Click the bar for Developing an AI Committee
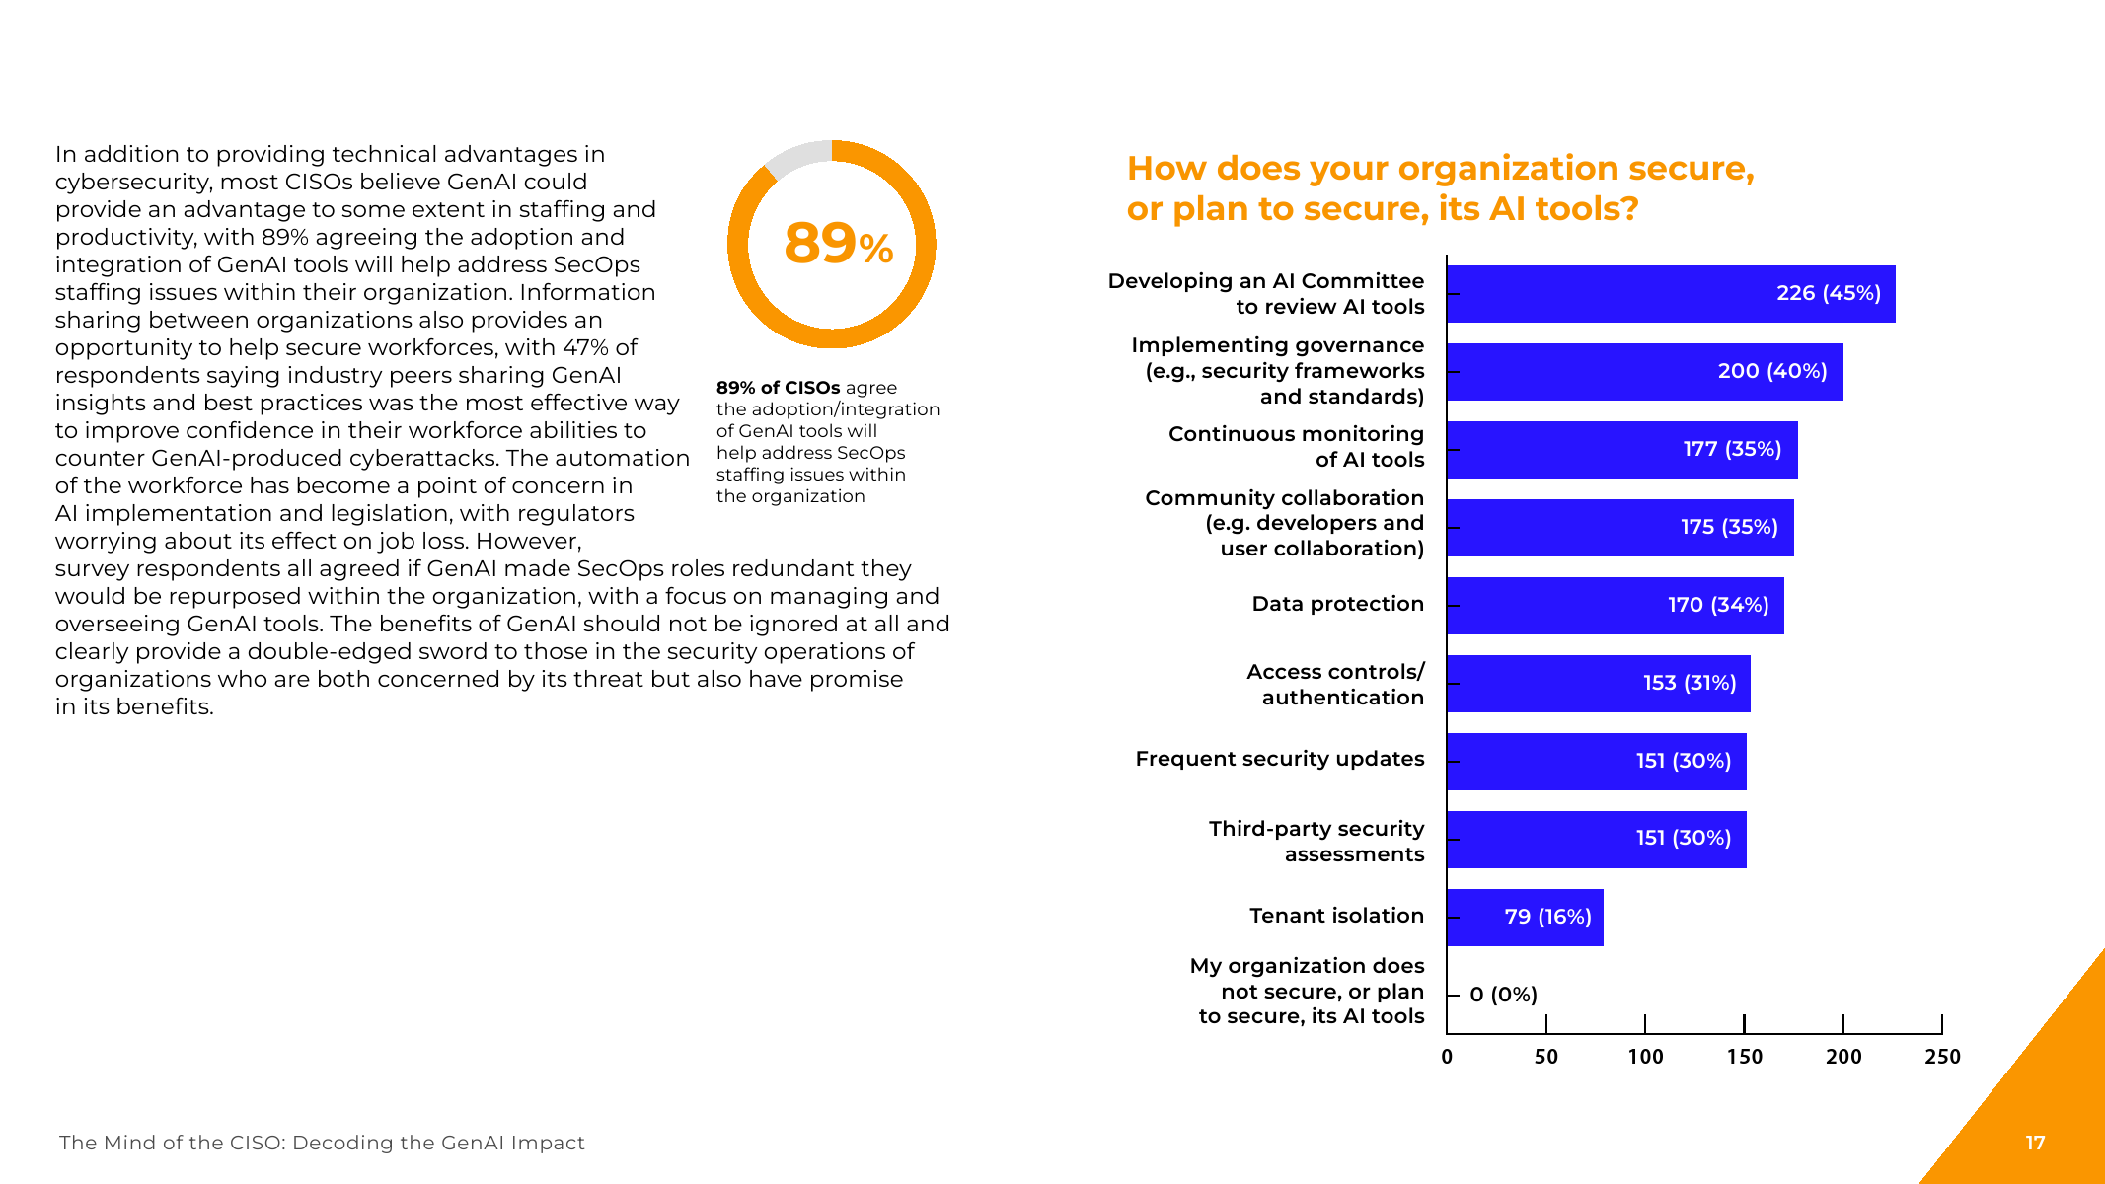[x=1670, y=294]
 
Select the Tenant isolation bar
[x=1525, y=918]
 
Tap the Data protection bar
[x=1615, y=606]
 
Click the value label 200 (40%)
[x=1771, y=371]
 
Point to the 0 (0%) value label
[x=1503, y=995]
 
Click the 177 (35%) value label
[x=1732, y=449]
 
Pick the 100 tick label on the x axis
[x=1645, y=1057]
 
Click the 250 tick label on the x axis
[x=1942, y=1057]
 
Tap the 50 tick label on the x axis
[x=1545, y=1057]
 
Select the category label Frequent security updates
[x=1279, y=759]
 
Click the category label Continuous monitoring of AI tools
[x=1296, y=447]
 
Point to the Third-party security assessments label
[x=1316, y=842]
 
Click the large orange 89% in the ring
[x=838, y=244]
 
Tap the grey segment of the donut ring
[x=796, y=158]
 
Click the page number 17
[x=2035, y=1143]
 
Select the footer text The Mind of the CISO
[x=322, y=1143]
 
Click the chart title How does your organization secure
[x=1440, y=188]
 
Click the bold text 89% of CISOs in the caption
[x=778, y=388]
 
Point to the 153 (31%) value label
[x=1689, y=683]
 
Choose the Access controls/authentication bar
[x=1598, y=684]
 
